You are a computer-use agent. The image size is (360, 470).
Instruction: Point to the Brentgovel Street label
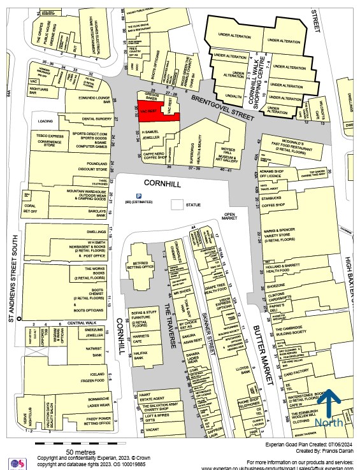221,102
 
